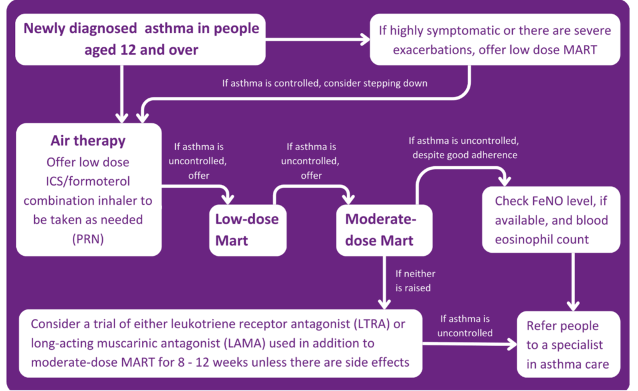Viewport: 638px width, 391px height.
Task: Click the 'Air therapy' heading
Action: pos(88,140)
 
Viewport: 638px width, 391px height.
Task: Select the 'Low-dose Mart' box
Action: pos(247,229)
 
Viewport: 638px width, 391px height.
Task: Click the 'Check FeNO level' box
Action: pos(551,220)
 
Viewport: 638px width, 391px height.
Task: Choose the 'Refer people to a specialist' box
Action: pos(568,344)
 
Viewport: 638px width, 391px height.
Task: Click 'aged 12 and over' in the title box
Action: pos(141,50)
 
